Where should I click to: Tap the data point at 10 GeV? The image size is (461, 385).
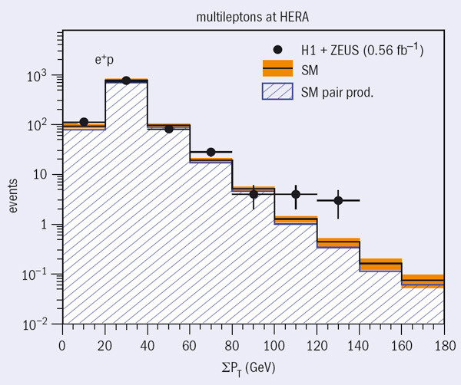84,122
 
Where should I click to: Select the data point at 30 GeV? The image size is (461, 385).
126,80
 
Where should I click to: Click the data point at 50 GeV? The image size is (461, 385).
169,129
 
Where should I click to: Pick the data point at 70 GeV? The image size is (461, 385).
211,152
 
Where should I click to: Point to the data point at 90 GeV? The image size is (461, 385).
254,195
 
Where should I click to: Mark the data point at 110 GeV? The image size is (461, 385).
296,195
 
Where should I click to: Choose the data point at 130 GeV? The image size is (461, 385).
338,200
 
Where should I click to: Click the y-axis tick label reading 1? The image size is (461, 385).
47,225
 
